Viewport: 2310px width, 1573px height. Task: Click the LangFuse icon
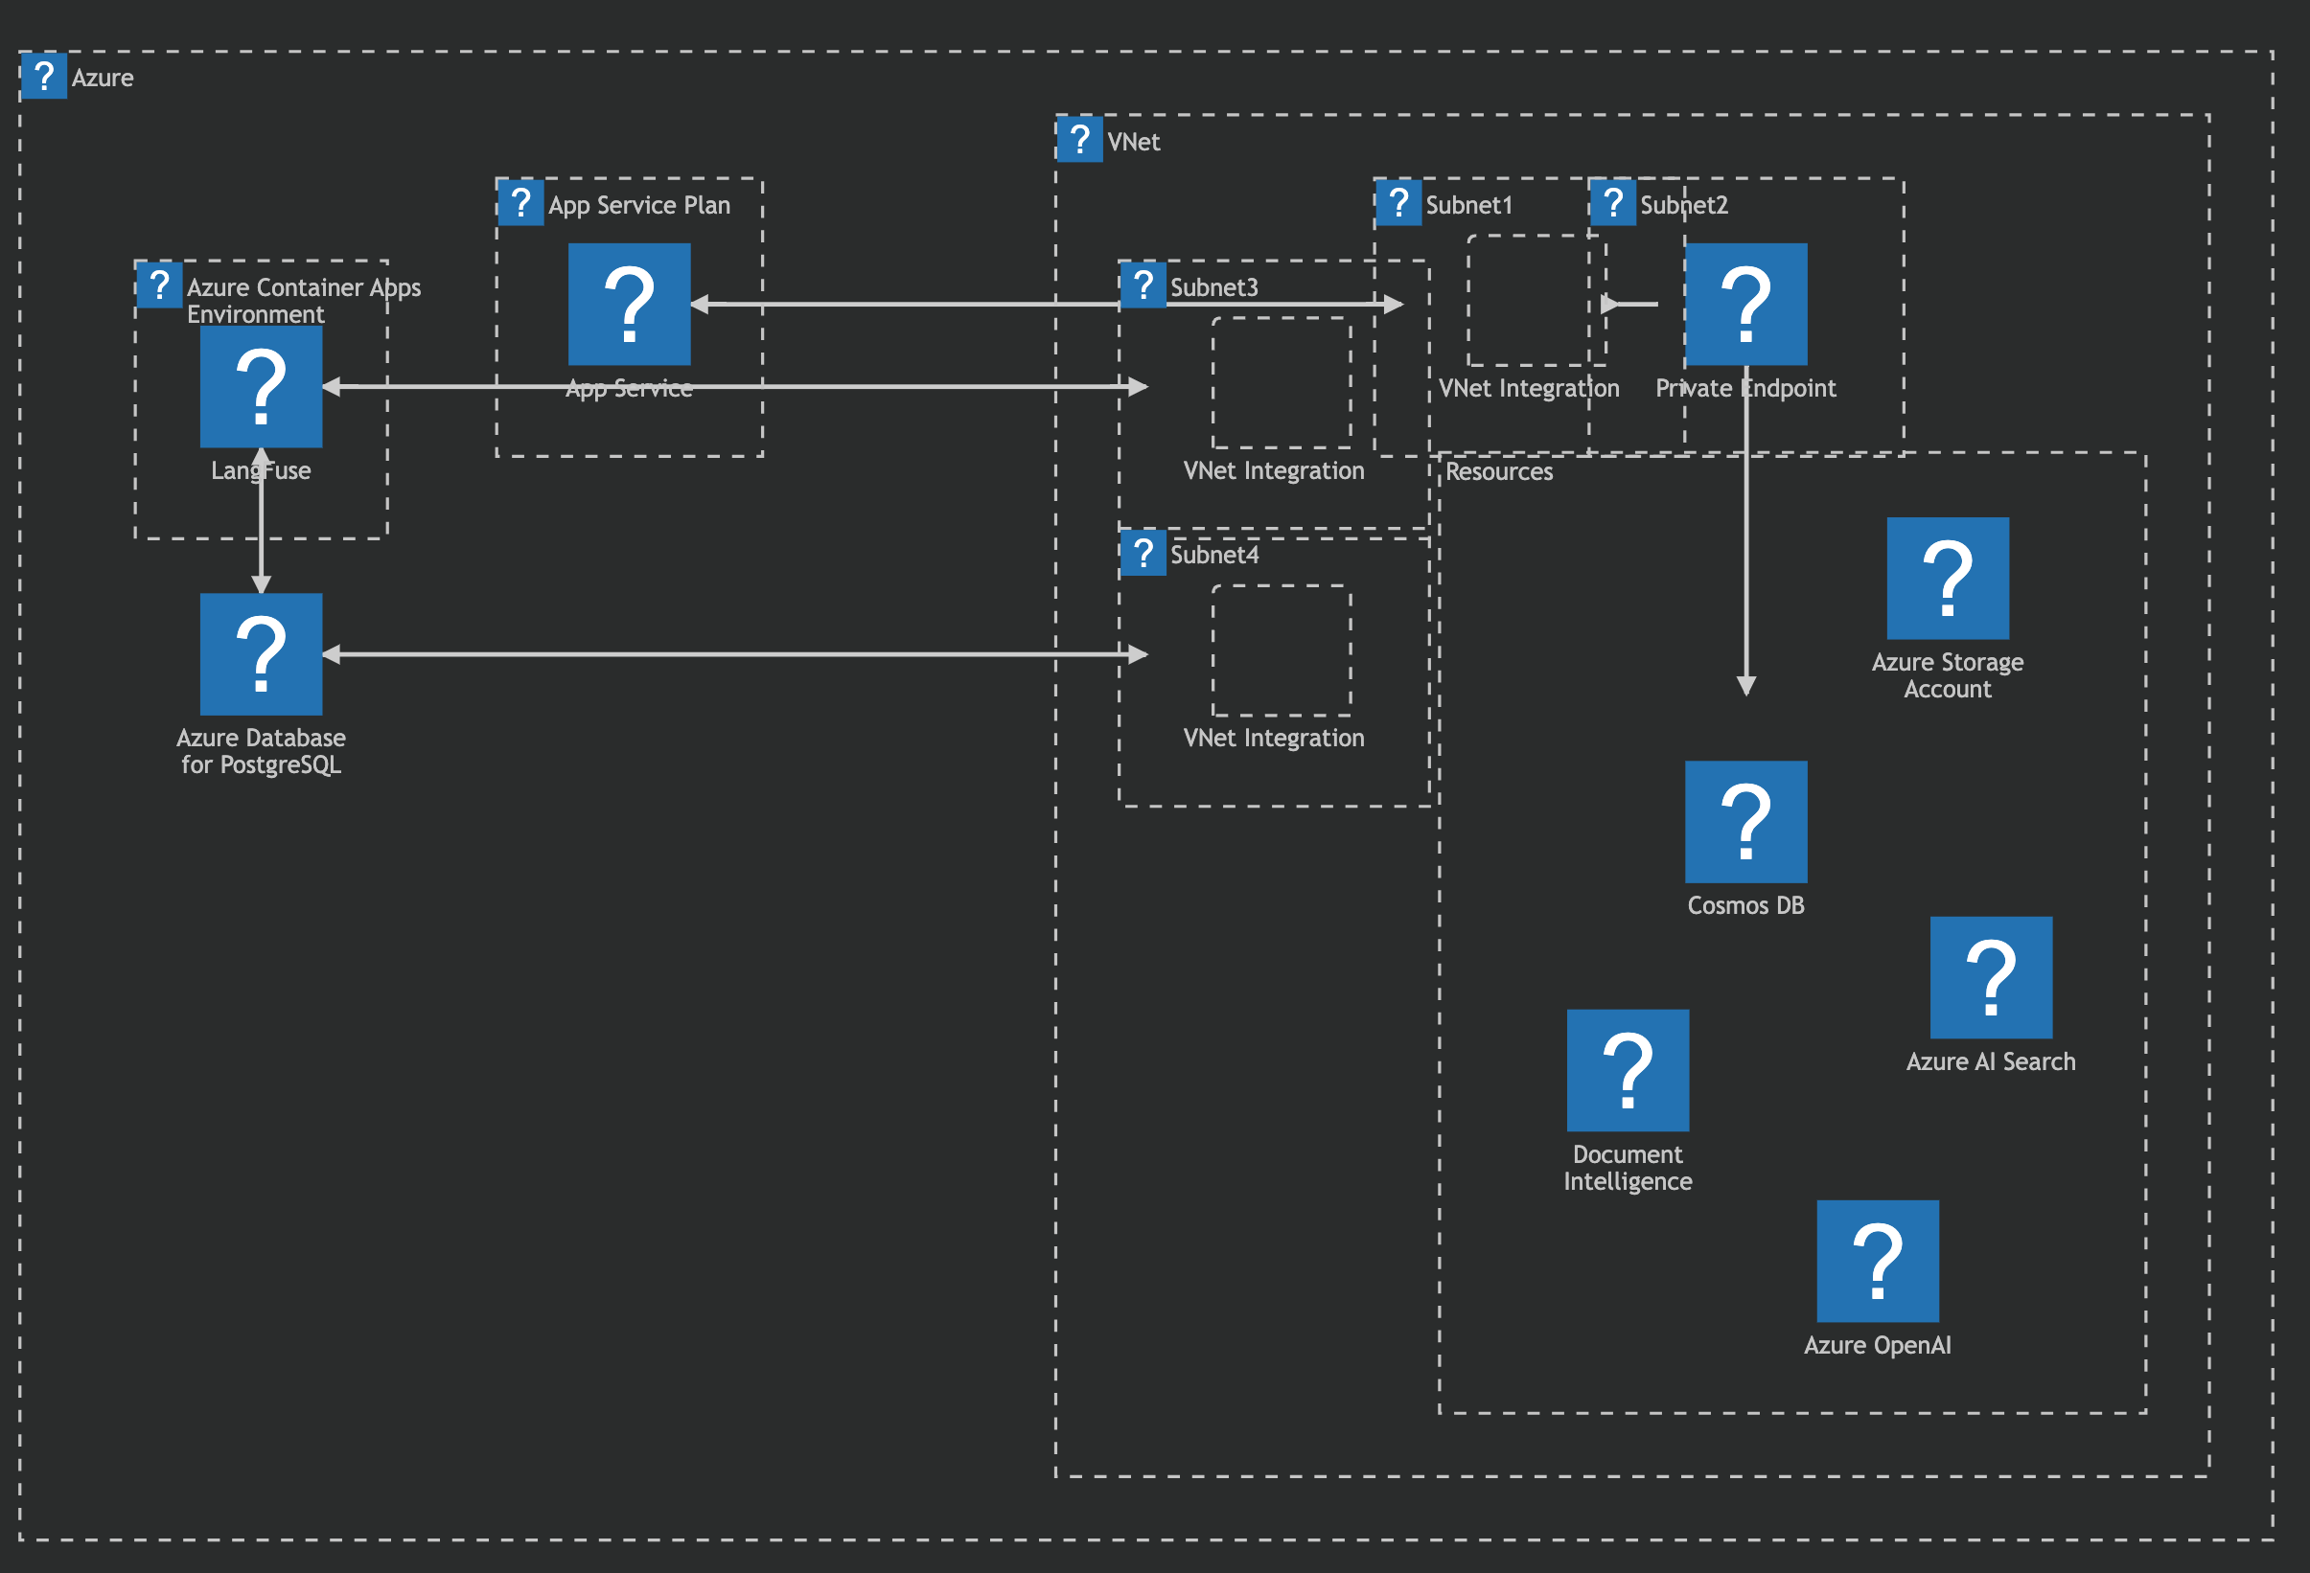[x=262, y=386]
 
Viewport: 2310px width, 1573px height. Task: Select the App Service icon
[x=629, y=304]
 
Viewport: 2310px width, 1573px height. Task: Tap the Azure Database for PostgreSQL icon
[x=262, y=654]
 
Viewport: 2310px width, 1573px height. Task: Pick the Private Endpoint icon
[x=1746, y=304]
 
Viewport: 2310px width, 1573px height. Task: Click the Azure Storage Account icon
[x=1949, y=579]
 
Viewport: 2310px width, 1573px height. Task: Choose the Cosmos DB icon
[x=1746, y=822]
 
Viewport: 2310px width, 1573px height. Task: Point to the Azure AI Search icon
[x=1991, y=978]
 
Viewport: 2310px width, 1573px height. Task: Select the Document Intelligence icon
[x=1629, y=1070]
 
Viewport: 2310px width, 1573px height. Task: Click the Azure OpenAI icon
[x=1878, y=1261]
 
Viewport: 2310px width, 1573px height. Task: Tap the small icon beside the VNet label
[x=1080, y=139]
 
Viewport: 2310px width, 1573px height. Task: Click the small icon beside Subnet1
[x=1398, y=203]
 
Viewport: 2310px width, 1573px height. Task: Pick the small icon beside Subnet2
[x=1613, y=203]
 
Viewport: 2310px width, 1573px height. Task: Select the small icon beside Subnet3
[x=1143, y=285]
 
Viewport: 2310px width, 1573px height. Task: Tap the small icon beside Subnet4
[x=1143, y=553]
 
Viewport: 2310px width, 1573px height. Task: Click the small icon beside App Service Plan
[x=520, y=203]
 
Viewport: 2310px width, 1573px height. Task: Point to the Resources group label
[x=1499, y=472]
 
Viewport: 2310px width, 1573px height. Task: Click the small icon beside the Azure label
[x=44, y=76]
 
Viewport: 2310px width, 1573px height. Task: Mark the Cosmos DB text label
[x=1746, y=905]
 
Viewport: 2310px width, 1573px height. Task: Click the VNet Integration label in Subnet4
[x=1273, y=739]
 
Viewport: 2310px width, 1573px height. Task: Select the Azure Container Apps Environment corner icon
[x=159, y=285]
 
